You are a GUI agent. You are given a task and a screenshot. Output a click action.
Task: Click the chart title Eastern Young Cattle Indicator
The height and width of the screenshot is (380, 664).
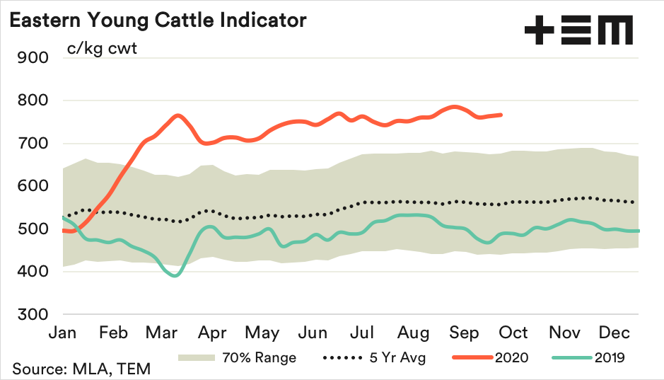click(x=158, y=20)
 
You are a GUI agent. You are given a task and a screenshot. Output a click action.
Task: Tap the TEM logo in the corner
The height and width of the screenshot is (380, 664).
click(x=578, y=31)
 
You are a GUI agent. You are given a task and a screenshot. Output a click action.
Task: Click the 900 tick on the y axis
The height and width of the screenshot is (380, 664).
click(x=32, y=57)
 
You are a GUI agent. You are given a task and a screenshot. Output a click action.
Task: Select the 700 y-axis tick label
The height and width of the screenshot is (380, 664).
click(x=32, y=144)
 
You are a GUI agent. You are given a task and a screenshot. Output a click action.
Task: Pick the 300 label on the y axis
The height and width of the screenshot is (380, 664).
click(x=32, y=314)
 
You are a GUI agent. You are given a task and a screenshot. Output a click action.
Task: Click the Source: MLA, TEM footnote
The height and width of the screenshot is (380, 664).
click(x=81, y=369)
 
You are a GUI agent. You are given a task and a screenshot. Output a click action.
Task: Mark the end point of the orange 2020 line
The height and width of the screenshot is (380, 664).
click(x=501, y=115)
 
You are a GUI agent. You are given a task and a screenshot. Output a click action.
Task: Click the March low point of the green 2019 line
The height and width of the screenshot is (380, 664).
click(x=175, y=275)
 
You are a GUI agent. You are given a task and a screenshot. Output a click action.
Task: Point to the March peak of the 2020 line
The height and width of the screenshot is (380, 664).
click(x=177, y=115)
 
